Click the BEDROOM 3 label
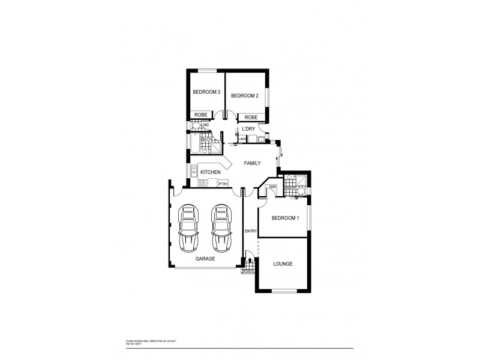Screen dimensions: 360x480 (206, 92)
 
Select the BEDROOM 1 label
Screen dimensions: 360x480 (285, 218)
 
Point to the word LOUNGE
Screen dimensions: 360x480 (283, 263)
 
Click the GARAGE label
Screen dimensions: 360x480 (205, 259)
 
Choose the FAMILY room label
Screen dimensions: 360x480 (252, 163)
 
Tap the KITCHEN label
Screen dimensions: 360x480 (210, 172)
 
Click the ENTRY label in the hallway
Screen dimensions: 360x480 (251, 231)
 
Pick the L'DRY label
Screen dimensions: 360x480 (248, 130)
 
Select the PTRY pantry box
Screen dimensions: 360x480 (223, 184)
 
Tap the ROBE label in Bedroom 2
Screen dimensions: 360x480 (251, 118)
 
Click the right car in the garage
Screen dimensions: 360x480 (221, 229)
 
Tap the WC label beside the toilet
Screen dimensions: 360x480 (206, 125)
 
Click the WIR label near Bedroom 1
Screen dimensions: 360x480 (272, 187)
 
